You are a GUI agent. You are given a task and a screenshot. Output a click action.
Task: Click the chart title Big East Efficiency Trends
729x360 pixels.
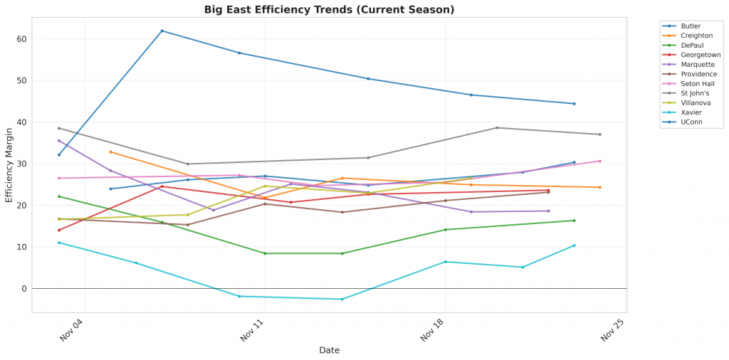[329, 9]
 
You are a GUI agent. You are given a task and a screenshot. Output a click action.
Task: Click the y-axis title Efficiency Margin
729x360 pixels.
[9, 165]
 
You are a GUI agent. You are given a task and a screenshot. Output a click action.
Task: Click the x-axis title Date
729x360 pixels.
[329, 350]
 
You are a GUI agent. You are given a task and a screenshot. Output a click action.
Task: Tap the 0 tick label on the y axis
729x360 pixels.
[25, 289]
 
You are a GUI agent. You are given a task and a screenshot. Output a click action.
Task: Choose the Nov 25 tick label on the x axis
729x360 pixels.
[613, 331]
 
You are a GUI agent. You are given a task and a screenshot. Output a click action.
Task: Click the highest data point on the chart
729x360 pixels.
[162, 31]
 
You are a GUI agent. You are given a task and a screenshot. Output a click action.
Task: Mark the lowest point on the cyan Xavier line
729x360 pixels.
[342, 300]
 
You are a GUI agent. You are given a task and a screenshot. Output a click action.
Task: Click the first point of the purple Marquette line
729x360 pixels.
[59, 141]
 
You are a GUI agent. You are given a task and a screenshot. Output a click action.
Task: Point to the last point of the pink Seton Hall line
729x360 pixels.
[600, 161]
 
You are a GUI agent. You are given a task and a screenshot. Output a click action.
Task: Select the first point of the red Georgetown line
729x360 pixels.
[59, 230]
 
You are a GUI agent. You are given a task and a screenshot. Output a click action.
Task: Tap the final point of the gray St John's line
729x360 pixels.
[600, 134]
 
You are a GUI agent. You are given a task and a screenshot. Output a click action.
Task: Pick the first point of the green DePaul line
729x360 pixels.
[59, 196]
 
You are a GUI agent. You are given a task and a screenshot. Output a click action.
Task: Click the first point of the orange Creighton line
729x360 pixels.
[110, 152]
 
